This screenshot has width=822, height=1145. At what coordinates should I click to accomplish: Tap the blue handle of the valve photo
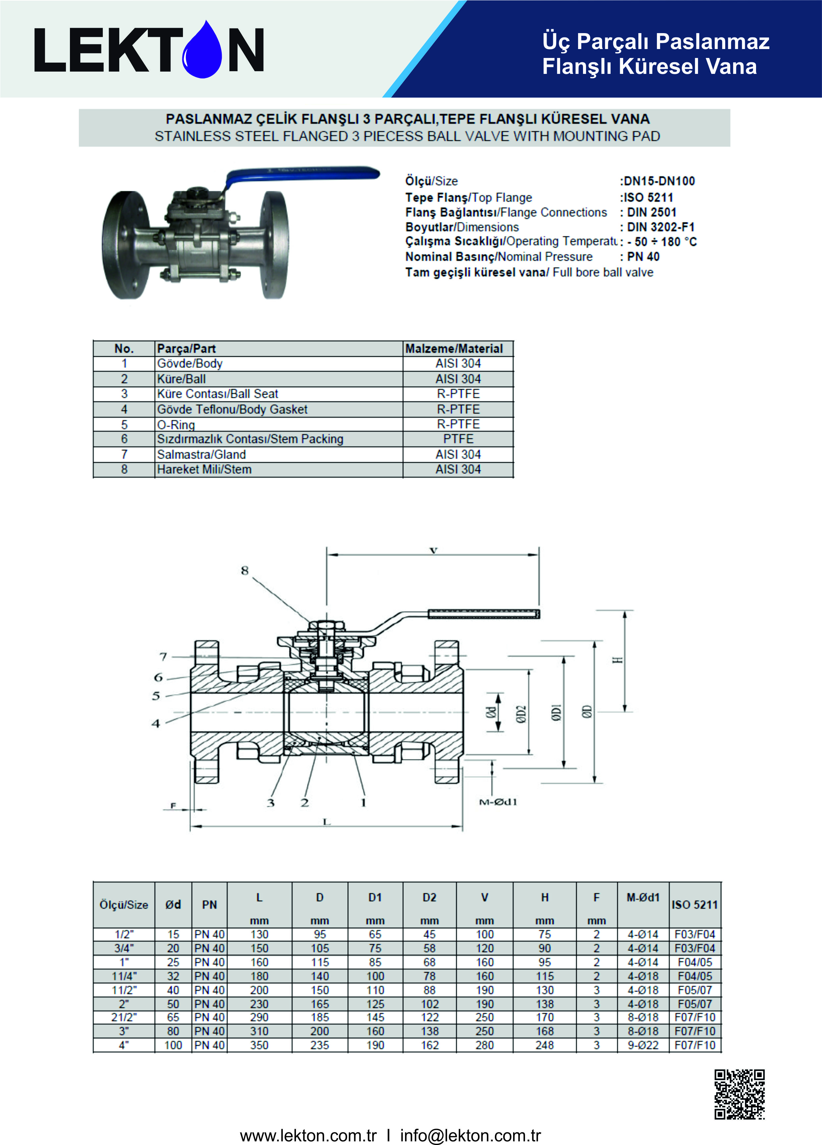pos(303,173)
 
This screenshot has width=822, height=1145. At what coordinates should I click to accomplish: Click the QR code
pos(739,1094)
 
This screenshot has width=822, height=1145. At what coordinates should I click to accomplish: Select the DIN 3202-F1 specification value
pos(661,227)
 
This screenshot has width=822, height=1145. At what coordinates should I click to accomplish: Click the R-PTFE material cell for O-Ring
pos(458,424)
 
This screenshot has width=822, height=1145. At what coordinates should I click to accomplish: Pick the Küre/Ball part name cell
pos(181,379)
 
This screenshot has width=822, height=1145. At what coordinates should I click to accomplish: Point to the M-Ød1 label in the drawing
pos(498,802)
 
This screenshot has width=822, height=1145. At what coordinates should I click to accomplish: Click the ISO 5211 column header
pos(694,905)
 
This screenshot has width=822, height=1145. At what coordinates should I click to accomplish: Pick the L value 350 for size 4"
pos(259,1045)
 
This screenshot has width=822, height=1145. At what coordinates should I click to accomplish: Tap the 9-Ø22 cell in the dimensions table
pos(643,1045)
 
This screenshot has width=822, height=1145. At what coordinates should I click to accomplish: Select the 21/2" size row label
pos(124,1017)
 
